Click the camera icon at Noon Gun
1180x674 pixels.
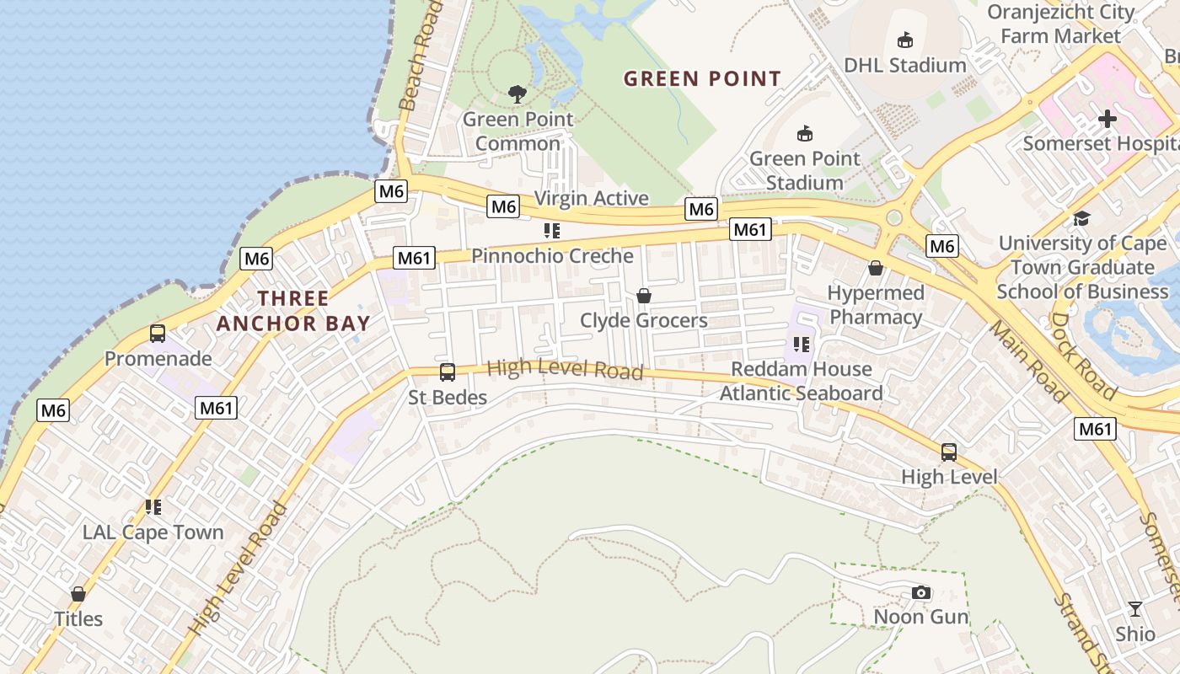point(921,593)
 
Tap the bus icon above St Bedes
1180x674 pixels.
point(448,372)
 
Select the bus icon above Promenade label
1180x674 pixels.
point(158,334)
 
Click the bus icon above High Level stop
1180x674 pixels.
point(949,452)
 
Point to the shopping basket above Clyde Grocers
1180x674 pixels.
point(644,296)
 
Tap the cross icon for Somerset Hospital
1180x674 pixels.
point(1108,120)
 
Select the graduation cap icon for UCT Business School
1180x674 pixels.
point(1081,219)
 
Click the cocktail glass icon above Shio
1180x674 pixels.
point(1135,609)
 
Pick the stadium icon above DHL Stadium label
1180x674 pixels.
point(905,40)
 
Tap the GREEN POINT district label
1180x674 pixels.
point(702,79)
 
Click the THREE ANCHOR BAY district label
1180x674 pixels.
point(293,311)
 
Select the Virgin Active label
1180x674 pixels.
point(592,198)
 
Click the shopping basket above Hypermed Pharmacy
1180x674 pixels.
point(876,269)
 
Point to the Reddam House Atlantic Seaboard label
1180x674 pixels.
point(801,381)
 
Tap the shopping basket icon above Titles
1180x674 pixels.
point(78,594)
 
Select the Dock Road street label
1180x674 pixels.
point(1083,356)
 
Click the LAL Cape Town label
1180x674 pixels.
point(153,532)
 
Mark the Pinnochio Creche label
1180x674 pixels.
point(552,255)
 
